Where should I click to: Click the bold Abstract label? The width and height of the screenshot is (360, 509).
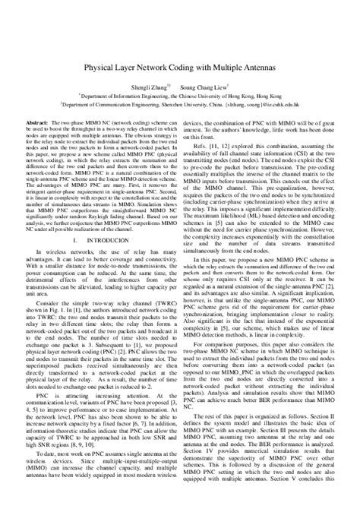click(39, 122)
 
